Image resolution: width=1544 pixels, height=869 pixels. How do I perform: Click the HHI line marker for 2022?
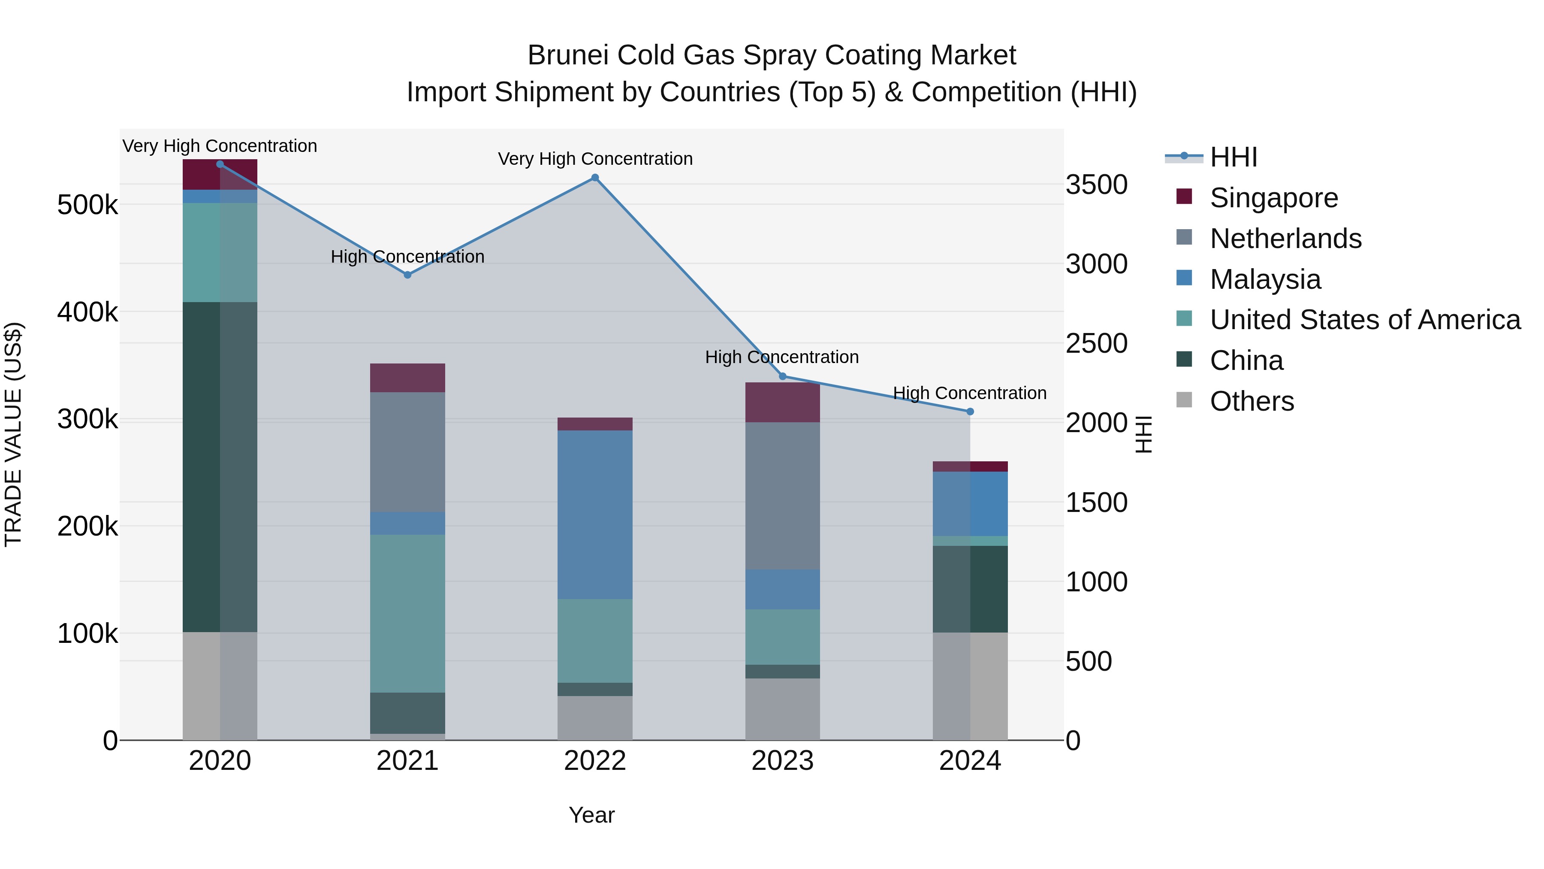click(594, 178)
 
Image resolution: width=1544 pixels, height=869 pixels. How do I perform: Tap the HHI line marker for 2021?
click(407, 275)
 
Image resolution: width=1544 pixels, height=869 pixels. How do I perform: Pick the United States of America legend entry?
click(1364, 320)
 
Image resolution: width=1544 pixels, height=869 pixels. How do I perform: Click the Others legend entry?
click(1251, 401)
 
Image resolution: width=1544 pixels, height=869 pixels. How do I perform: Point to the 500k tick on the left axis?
click(87, 205)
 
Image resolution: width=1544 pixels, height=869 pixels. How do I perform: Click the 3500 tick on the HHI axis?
click(1096, 185)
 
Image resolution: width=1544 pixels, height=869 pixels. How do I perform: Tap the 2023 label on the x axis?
click(782, 761)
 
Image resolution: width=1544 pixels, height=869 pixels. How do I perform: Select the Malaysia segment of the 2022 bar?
click(594, 514)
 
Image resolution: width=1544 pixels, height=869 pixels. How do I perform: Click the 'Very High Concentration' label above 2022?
click(594, 159)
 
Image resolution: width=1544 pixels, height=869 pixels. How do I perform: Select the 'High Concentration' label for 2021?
click(407, 257)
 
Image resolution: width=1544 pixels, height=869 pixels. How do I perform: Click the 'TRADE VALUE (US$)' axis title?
click(13, 434)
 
